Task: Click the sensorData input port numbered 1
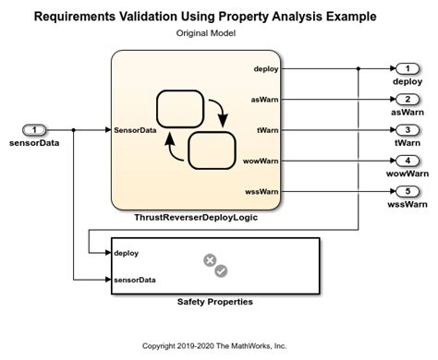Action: click(x=34, y=130)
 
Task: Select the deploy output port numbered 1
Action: click(x=407, y=69)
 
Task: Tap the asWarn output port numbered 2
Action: click(x=407, y=100)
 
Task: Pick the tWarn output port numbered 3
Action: click(x=407, y=130)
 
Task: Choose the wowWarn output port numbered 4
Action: click(x=407, y=161)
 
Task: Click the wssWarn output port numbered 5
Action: click(x=407, y=191)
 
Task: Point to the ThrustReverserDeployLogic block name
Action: click(x=195, y=219)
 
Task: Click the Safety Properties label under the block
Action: click(x=215, y=302)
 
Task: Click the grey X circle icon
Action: click(x=210, y=261)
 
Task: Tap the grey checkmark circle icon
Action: click(x=222, y=271)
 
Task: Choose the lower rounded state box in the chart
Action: click(x=211, y=150)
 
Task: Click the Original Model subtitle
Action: click(x=206, y=32)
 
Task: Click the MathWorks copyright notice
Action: click(x=214, y=345)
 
